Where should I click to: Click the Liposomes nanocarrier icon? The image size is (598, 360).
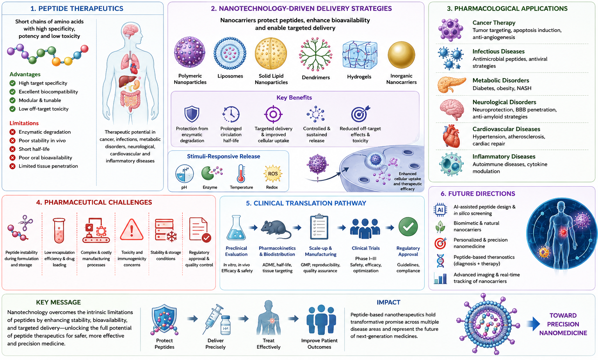(230, 53)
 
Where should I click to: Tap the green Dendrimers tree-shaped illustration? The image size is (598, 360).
(315, 54)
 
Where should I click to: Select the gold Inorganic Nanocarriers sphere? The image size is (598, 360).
(401, 55)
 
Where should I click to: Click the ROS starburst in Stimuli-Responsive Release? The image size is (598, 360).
(272, 174)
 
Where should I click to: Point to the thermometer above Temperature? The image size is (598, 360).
(241, 174)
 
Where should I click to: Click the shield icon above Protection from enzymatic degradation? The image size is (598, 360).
(192, 114)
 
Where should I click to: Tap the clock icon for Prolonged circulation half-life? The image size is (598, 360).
(231, 114)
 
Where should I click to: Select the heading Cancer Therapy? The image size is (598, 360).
(494, 23)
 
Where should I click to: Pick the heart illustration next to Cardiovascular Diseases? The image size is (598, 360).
(451, 136)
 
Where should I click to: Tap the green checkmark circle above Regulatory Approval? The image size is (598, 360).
(408, 227)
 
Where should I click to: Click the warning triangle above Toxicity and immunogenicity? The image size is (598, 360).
(132, 230)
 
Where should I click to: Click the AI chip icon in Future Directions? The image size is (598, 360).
(440, 210)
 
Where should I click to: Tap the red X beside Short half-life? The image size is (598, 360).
(12, 149)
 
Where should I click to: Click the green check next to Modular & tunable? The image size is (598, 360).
(12, 100)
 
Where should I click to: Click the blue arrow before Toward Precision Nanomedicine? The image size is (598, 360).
(534, 324)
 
